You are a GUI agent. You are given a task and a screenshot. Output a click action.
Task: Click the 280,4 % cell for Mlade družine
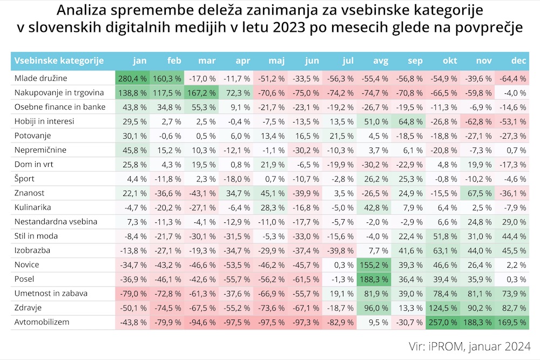[x=131, y=78]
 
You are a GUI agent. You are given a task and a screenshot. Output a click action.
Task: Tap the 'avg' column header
[x=381, y=60]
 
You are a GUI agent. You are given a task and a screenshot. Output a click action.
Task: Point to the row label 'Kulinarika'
[x=33, y=207]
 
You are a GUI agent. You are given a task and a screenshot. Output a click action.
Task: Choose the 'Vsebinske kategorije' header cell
[x=59, y=60]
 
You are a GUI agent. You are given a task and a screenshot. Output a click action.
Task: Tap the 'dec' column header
[x=518, y=60]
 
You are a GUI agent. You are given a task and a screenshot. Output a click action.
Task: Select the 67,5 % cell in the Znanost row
[x=478, y=193]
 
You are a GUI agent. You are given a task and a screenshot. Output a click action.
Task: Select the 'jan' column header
[x=139, y=60]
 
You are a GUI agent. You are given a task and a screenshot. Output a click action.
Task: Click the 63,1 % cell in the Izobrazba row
[x=443, y=250]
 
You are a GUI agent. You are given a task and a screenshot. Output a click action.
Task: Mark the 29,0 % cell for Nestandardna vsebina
[x=512, y=222]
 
